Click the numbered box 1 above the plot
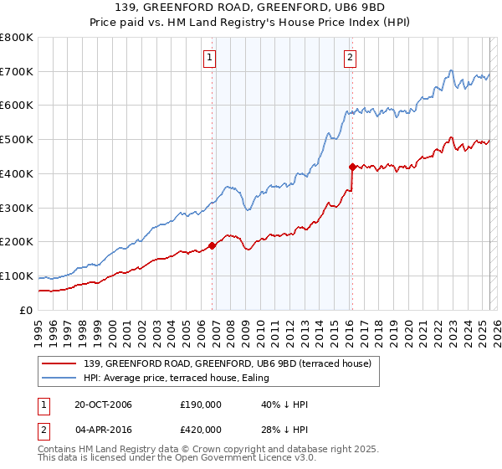(208, 58)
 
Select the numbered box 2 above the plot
(349, 58)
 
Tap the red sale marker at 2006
(212, 245)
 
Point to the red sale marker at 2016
(352, 167)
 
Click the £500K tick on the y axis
(17, 140)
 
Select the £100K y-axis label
(17, 276)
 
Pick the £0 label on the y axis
(25, 310)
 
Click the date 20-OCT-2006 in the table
(109, 405)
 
